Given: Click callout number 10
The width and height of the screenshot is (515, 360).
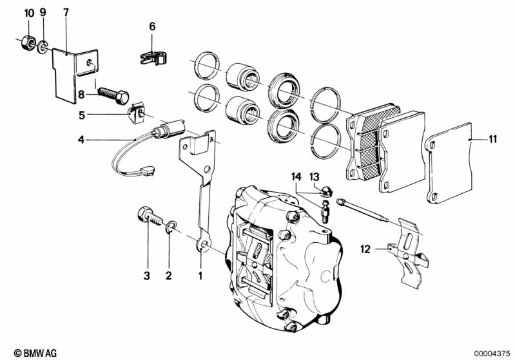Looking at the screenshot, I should point(28,13).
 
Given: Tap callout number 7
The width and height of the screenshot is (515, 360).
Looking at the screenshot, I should point(66,13).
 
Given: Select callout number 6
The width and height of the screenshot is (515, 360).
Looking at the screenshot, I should point(153,26).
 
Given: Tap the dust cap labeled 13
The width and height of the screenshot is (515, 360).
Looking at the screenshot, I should point(326,190).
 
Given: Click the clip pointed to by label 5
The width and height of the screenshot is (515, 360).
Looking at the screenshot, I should point(135,116).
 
